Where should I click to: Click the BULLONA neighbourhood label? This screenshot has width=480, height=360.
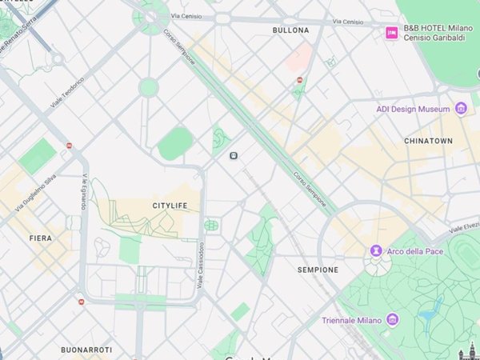click(x=290, y=30)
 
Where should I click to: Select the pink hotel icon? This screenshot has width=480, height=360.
click(x=391, y=32)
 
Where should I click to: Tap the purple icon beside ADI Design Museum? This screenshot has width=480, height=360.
click(x=460, y=108)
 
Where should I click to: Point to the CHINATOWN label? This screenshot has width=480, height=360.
click(x=428, y=141)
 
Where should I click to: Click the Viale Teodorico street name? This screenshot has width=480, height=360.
click(x=67, y=94)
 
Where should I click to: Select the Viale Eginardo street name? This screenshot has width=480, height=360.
click(x=83, y=192)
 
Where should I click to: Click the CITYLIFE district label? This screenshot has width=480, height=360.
click(x=170, y=206)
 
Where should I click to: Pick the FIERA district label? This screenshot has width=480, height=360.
click(x=40, y=238)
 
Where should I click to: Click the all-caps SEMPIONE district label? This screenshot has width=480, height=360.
click(x=318, y=270)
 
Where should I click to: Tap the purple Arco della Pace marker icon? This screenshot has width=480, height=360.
click(x=376, y=252)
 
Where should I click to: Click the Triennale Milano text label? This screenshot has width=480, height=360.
click(x=351, y=320)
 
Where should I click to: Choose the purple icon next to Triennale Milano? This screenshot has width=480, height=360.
click(x=392, y=320)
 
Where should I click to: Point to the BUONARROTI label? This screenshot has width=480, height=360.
click(x=86, y=350)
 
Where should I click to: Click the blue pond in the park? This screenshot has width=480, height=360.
click(x=432, y=310)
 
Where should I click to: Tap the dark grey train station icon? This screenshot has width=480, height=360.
click(x=233, y=155)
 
